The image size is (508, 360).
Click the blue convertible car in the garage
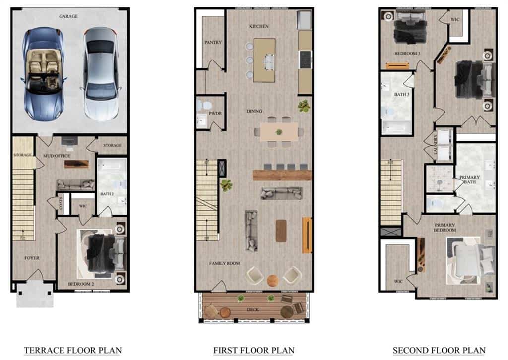44,74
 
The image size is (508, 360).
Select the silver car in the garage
101,74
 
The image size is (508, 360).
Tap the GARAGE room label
68,16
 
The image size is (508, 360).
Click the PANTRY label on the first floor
213,42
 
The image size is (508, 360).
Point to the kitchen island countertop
264,60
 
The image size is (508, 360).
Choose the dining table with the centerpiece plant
279,132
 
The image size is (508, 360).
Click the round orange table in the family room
273,280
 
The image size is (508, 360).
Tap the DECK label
253,310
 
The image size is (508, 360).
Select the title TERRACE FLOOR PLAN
72,350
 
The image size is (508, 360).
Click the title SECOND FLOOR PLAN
439,350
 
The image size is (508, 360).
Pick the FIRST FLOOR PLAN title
254,350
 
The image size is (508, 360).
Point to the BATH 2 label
107,194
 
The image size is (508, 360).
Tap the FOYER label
32,258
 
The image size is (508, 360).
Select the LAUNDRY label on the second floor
435,144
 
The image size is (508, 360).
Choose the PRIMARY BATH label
469,180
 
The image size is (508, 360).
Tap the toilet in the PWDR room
203,105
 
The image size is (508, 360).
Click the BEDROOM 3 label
407,53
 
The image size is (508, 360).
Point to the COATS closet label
60,203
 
